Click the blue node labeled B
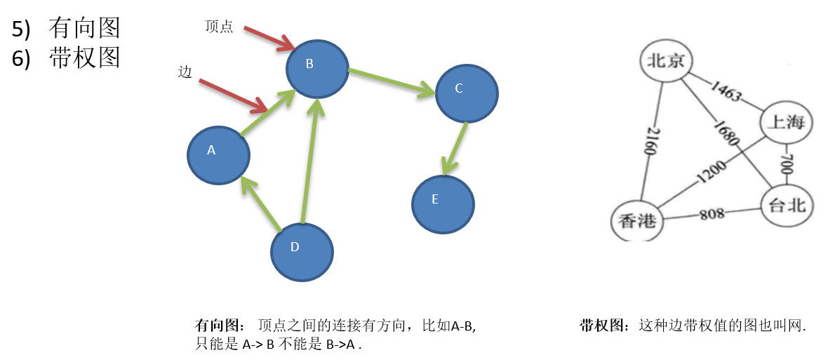pos(317,68)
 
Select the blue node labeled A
pos(218,155)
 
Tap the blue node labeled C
pos(467,93)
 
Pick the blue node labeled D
pos(302,251)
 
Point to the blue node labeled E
pos(442,204)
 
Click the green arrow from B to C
pos(392,81)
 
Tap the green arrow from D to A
pos(261,204)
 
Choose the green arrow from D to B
pos(310,161)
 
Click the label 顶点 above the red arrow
pos(219,27)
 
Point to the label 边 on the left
pos(185,72)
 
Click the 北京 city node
pos(666,61)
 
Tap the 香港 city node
pos(637,220)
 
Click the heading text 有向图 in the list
pos(85,28)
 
